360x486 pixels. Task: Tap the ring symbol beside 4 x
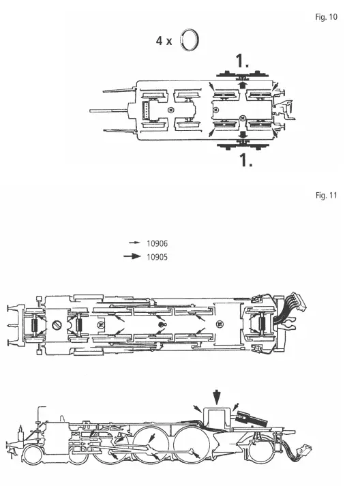[x=191, y=40]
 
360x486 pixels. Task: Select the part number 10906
[x=158, y=243]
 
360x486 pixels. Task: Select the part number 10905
[x=158, y=257]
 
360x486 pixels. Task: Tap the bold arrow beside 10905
[x=133, y=257]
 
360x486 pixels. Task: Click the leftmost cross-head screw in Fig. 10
[x=170, y=110]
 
